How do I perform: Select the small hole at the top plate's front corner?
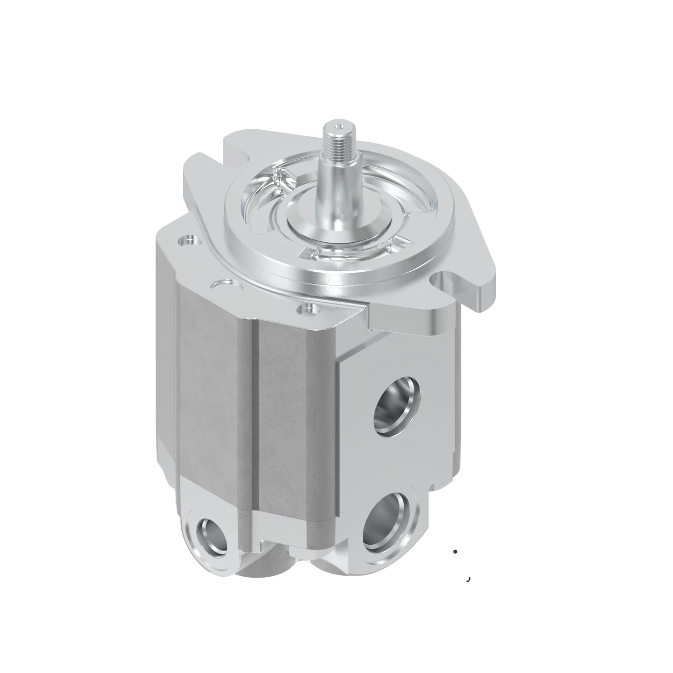[306, 308]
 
